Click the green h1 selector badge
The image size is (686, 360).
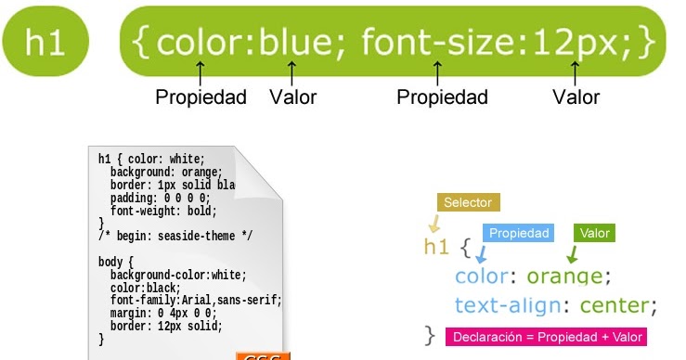pos(45,43)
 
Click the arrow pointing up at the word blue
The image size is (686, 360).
pos(292,72)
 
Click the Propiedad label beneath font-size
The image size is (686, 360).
pos(442,97)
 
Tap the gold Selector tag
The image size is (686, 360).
pos(468,203)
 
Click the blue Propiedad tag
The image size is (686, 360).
pos(519,233)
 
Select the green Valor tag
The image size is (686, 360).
pos(594,233)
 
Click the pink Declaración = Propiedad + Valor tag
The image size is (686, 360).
pos(546,337)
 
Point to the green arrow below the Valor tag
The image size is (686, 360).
pos(573,253)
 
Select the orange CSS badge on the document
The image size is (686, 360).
pos(263,356)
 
